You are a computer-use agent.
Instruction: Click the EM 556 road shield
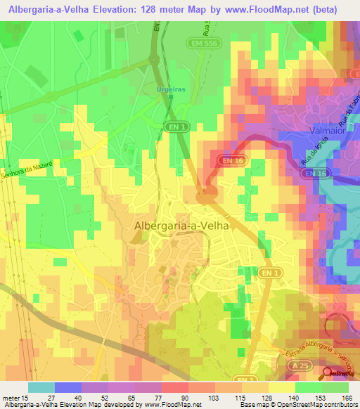click(x=200, y=43)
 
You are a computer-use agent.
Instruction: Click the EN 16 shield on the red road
click(x=232, y=161)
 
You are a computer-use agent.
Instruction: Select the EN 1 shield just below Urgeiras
click(x=179, y=126)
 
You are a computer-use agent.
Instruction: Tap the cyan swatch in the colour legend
click(x=41, y=387)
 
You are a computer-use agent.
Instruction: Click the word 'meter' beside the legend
click(x=11, y=398)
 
